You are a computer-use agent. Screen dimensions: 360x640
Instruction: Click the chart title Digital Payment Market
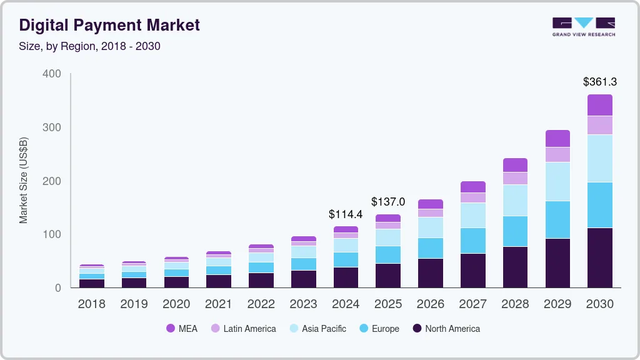click(x=109, y=25)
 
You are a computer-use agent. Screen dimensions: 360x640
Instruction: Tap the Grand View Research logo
click(x=583, y=27)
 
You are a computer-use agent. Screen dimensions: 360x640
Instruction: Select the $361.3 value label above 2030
click(x=600, y=82)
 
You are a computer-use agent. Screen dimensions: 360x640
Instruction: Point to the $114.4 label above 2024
click(x=346, y=214)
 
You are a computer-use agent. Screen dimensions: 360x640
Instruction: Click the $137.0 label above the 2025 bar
click(x=388, y=202)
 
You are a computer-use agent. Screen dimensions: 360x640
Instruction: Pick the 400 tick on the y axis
click(x=52, y=74)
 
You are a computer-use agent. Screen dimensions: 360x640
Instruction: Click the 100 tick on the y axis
click(x=52, y=234)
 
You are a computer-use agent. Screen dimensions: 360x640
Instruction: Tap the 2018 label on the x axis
click(x=91, y=304)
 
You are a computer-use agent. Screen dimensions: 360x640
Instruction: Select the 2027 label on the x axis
click(x=473, y=304)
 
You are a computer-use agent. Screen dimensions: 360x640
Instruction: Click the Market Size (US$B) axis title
click(x=24, y=181)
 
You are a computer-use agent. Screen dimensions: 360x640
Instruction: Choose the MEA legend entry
click(x=181, y=329)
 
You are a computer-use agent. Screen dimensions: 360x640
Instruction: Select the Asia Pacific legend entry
click(x=317, y=329)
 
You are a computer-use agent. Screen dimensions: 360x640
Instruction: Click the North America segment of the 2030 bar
click(x=600, y=257)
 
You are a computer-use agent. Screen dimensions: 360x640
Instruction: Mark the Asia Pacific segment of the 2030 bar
click(x=600, y=158)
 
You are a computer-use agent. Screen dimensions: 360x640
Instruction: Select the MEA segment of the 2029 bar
click(x=557, y=138)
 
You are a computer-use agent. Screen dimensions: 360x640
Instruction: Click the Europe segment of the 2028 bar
click(x=515, y=231)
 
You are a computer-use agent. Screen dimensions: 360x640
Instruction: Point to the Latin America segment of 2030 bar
click(x=600, y=125)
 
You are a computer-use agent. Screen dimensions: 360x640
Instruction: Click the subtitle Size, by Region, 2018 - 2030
click(x=89, y=46)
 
